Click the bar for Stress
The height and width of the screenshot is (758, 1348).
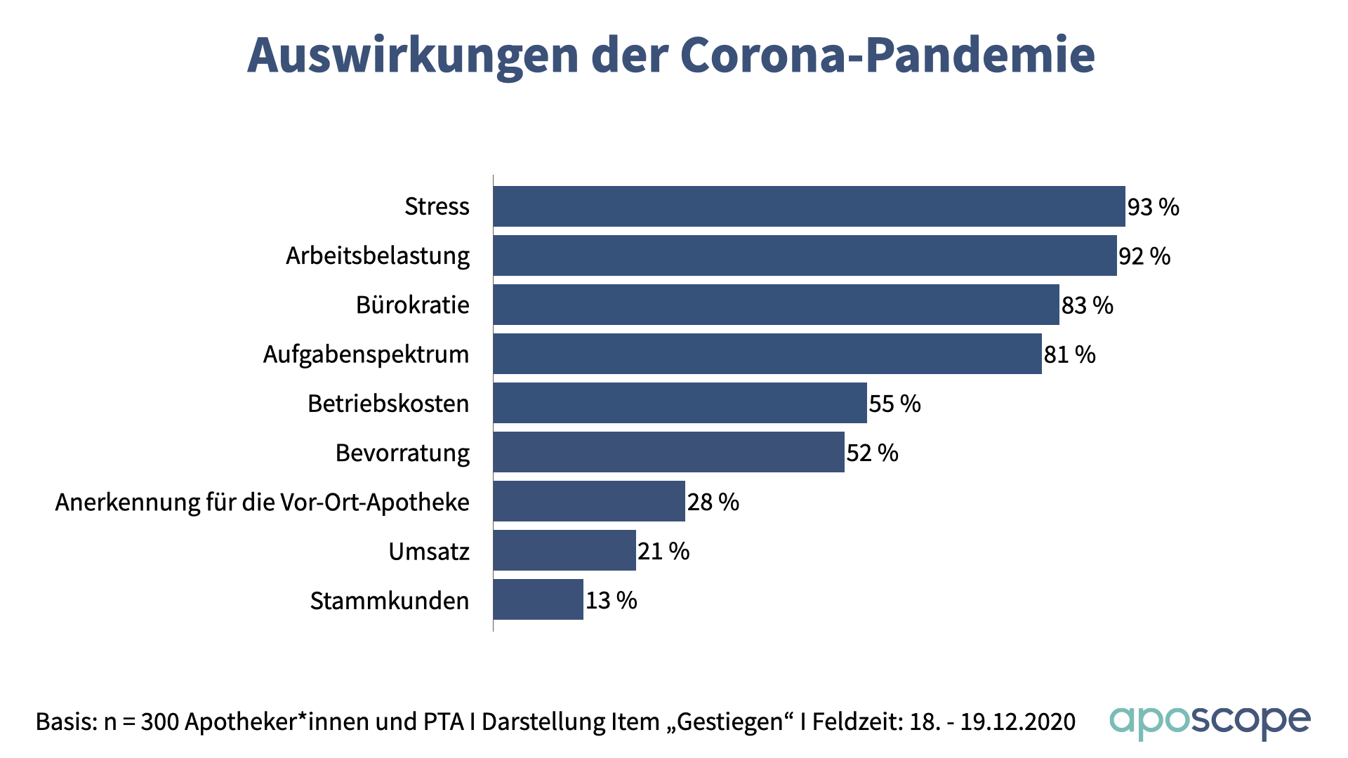(809, 206)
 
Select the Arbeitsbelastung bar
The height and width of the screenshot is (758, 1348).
(805, 255)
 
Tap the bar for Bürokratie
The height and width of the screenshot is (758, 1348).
(776, 305)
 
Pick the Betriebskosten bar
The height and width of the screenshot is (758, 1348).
(680, 403)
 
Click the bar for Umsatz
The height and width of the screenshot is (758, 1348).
(564, 550)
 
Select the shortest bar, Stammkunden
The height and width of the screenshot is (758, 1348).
(538, 599)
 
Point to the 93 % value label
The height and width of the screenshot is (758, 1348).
(1153, 207)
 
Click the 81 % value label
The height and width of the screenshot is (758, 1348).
(1069, 354)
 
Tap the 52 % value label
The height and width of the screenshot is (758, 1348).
(872, 453)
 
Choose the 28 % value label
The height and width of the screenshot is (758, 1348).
(713, 502)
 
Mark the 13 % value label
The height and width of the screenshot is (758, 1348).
(611, 600)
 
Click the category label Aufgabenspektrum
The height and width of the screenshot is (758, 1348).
(366, 354)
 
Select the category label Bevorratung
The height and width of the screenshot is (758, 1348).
(402, 453)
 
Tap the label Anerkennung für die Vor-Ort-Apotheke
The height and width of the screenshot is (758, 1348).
(262, 502)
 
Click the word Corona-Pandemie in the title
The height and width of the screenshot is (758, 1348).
(887, 55)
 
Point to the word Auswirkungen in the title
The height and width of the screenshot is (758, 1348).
(413, 55)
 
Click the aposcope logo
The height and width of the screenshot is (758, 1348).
(1210, 722)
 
